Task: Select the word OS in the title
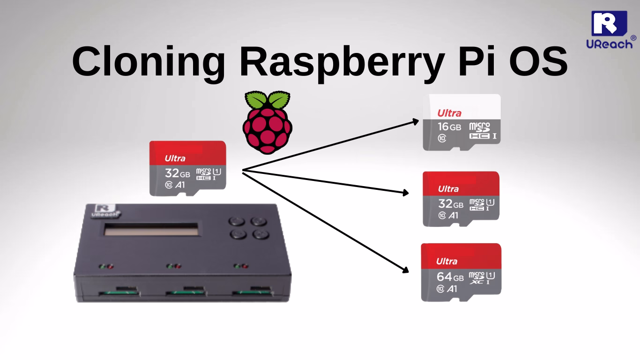point(534,62)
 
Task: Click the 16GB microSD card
point(461,122)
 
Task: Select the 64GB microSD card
point(461,272)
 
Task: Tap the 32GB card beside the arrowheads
point(461,199)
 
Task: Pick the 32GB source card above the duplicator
point(187,168)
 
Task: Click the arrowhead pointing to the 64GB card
point(405,269)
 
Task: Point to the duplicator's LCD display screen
point(150,230)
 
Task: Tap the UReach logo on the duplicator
point(106,210)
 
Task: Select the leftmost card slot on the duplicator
point(118,293)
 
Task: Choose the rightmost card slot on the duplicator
point(252,293)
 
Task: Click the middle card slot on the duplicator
point(185,293)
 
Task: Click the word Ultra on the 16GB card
point(449,113)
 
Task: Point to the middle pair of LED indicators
point(174,266)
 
